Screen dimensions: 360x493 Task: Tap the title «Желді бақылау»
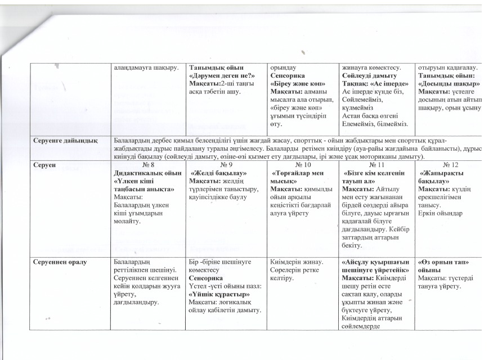click(x=220, y=174)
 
